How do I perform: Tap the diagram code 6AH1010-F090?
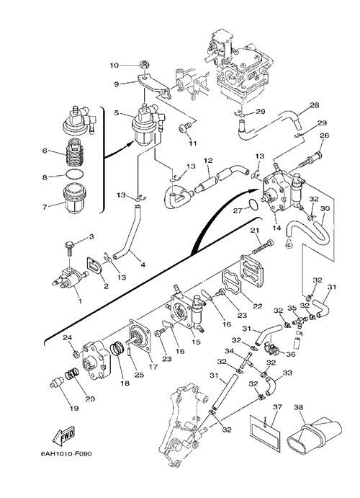(66, 454)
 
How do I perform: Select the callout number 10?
(114, 66)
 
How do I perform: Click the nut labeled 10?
(144, 65)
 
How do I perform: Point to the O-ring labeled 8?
(75, 174)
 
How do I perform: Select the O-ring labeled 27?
(253, 205)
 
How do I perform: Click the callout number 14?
(276, 228)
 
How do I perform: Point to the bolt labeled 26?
(310, 161)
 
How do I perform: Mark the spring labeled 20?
(72, 374)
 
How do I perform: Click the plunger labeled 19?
(57, 382)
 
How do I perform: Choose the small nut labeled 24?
(76, 353)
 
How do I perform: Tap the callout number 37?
(277, 407)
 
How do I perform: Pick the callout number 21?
(255, 231)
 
